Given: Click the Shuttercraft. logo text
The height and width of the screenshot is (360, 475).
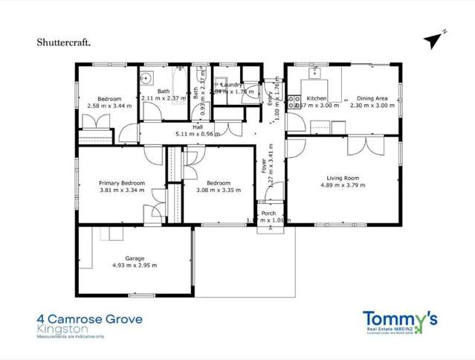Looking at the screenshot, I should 64,42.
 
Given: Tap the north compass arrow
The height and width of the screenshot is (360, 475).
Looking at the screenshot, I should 434,39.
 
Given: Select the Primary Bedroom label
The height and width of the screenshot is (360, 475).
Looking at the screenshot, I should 122,183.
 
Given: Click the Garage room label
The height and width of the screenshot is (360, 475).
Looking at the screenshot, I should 135,258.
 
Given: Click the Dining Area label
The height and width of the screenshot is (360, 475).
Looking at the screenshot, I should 371,98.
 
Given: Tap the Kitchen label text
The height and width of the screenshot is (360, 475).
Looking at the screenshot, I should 317,98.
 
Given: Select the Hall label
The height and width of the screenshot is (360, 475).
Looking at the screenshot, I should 198,127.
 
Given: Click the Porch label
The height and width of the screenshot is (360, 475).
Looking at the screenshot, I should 268,213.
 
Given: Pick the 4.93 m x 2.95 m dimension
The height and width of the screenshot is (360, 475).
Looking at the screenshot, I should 135,266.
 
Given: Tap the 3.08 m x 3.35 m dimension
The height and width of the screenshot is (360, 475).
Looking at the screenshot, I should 219,190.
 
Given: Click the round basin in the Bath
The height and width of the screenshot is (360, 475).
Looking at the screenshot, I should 147,77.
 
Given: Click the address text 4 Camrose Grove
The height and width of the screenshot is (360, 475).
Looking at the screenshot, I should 89,319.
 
